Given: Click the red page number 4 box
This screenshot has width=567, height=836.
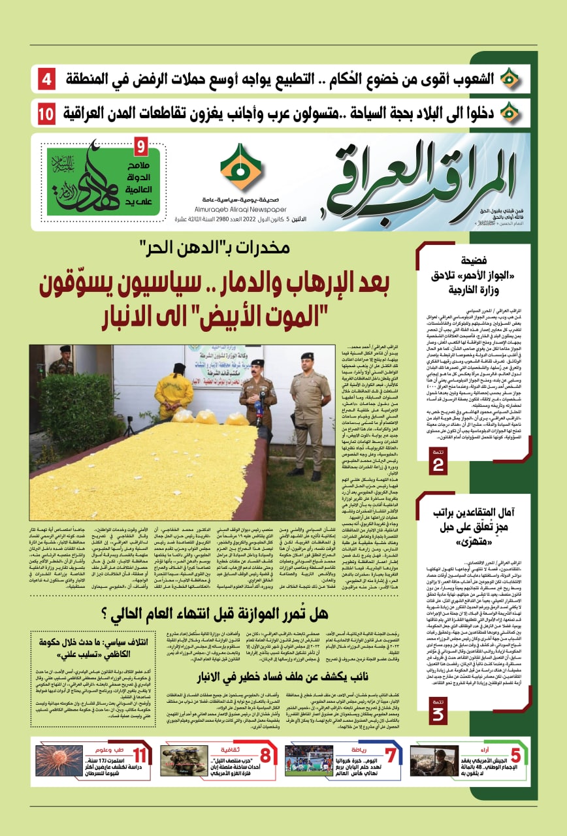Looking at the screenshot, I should [46, 80].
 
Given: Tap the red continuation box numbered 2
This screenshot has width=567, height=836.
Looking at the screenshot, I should [438, 462].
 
